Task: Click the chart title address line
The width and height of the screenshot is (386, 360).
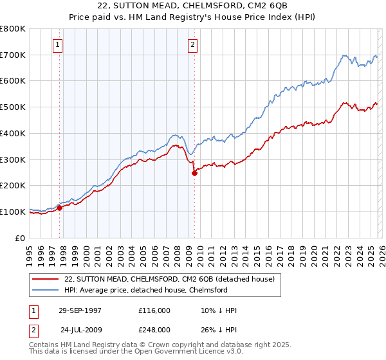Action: [x=193, y=5]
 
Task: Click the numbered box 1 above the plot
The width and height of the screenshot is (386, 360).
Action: [x=59, y=45]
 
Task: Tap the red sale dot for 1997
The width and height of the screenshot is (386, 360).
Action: [x=60, y=208]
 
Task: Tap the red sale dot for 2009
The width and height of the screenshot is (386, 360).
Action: [x=194, y=173]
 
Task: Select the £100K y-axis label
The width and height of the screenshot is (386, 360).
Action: [x=13, y=212]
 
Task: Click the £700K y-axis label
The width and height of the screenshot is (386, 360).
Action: [x=13, y=55]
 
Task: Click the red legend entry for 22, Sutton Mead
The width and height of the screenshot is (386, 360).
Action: [x=170, y=279]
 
